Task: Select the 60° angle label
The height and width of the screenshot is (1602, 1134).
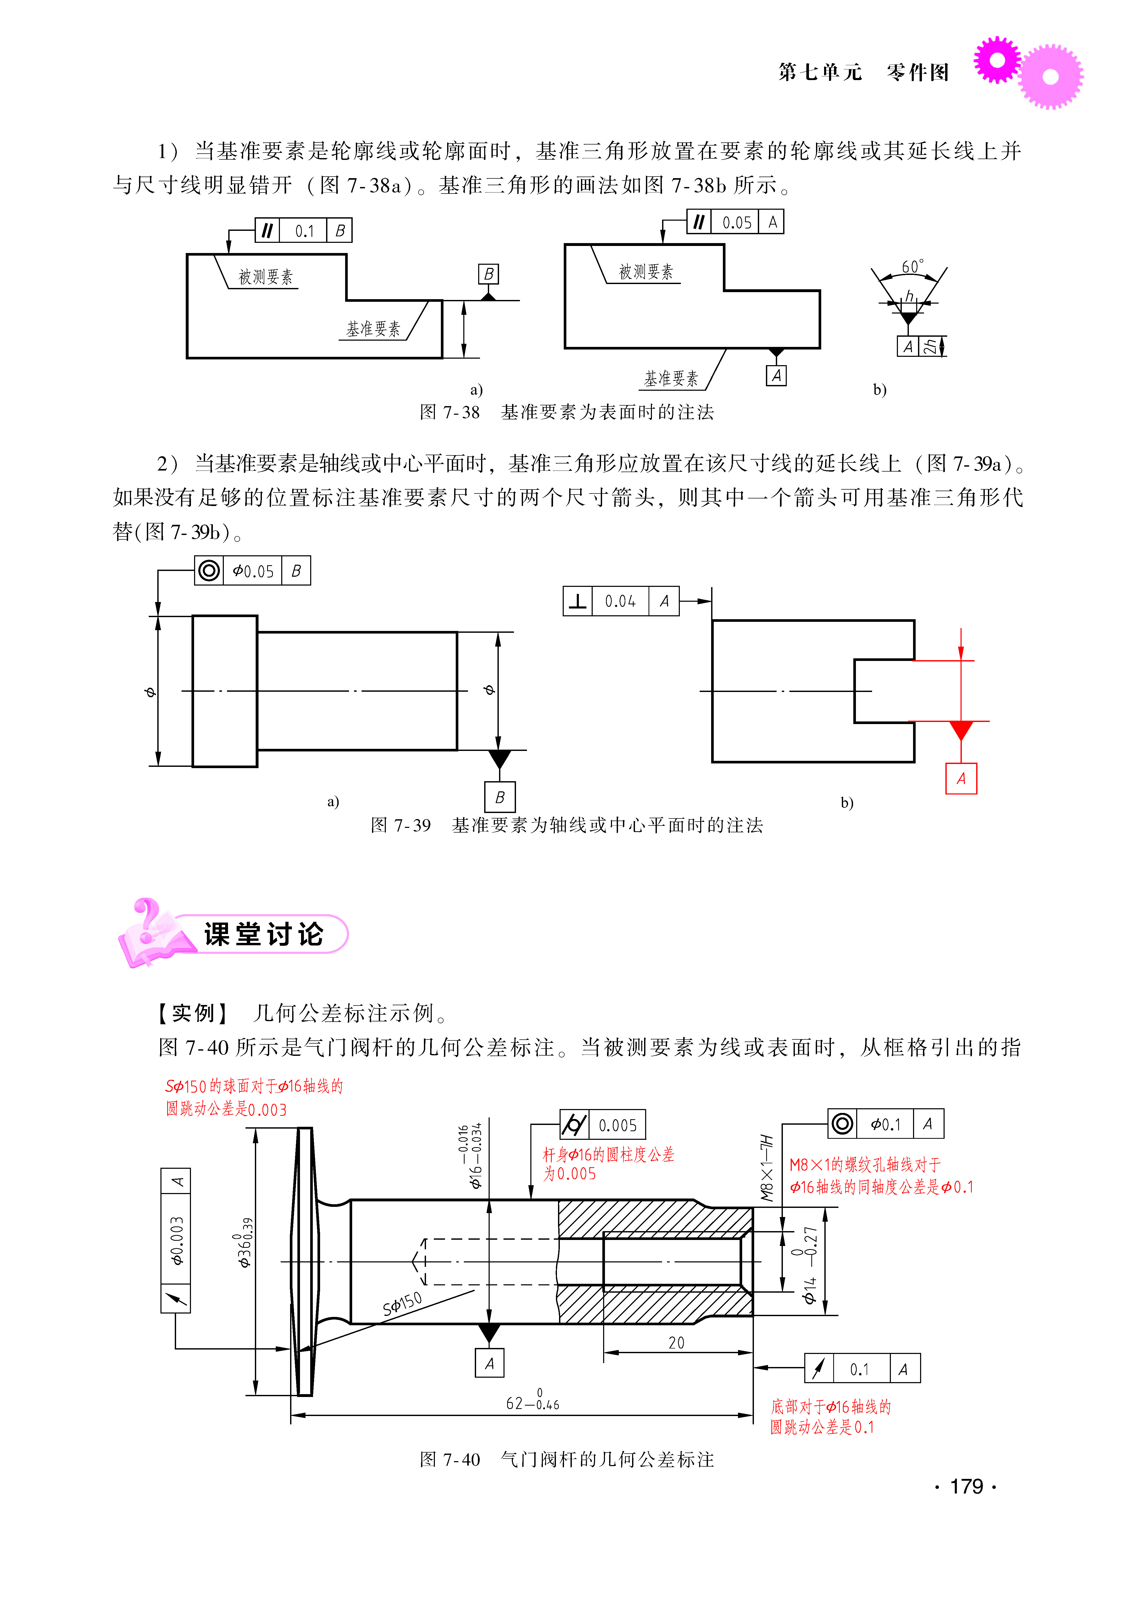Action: (x=911, y=267)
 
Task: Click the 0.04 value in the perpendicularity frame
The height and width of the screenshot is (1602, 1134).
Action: (x=620, y=601)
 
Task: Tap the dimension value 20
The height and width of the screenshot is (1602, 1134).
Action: (x=676, y=1342)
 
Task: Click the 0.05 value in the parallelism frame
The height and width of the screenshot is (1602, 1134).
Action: (x=737, y=223)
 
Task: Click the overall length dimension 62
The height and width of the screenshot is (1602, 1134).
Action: (x=515, y=1403)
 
